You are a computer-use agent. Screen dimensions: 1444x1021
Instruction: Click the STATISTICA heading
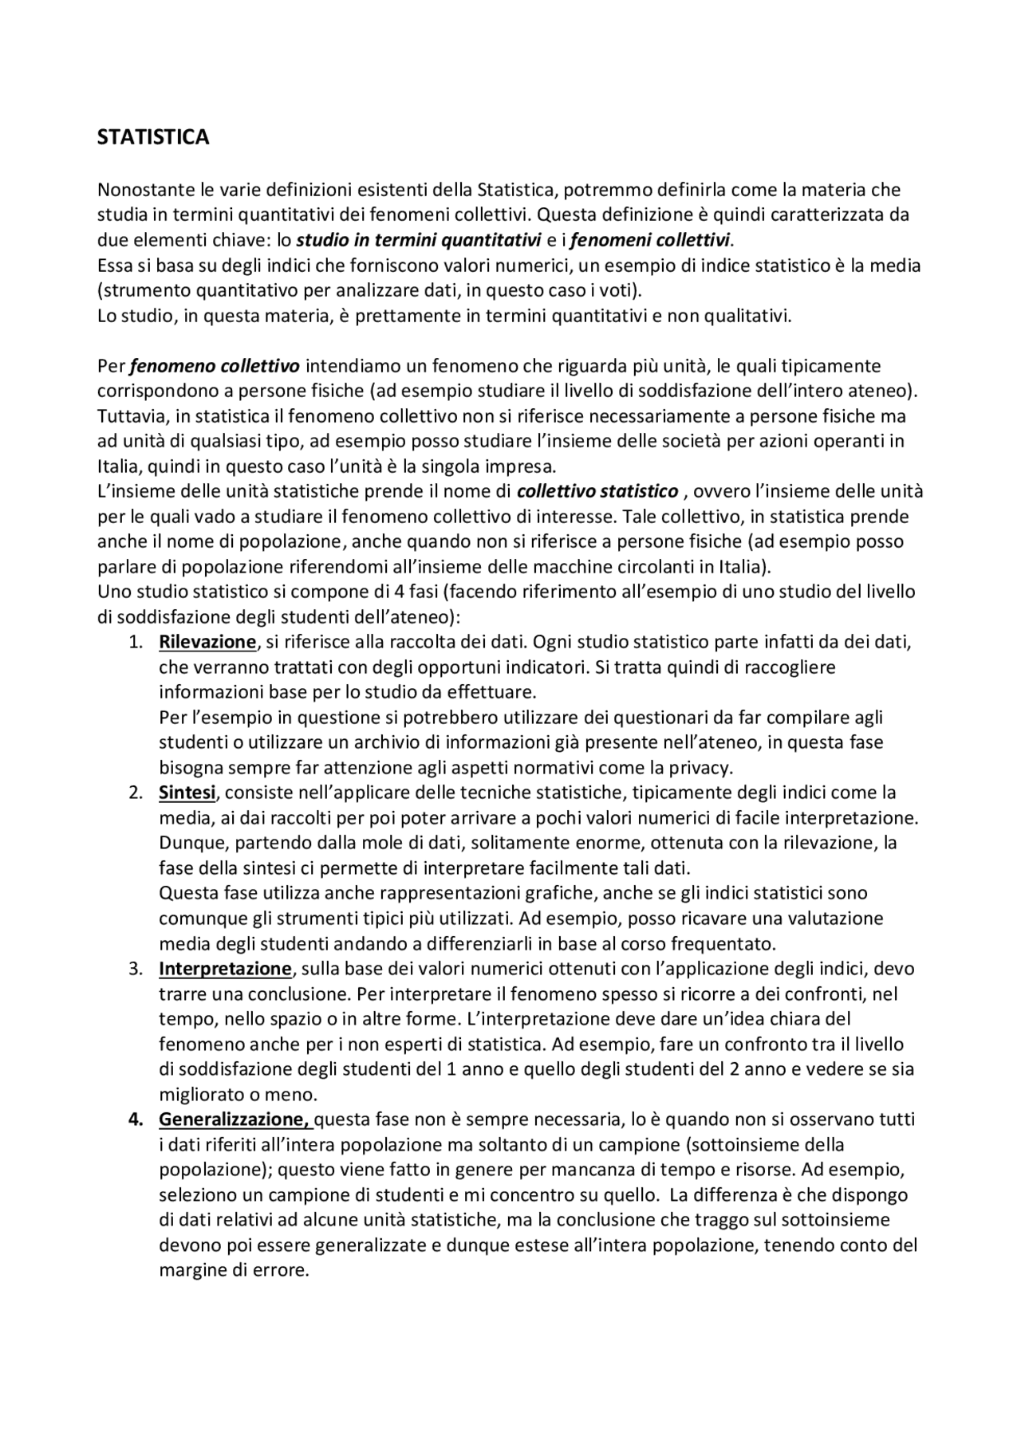coord(153,137)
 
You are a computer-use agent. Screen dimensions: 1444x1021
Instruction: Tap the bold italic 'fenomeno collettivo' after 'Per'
coord(215,366)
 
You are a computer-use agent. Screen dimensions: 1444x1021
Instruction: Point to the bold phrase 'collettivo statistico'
coord(597,491)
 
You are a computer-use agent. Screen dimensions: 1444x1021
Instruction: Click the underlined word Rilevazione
coord(207,642)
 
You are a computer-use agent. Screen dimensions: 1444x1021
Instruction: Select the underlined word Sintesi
coord(187,793)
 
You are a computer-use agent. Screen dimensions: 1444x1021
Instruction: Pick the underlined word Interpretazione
coord(226,969)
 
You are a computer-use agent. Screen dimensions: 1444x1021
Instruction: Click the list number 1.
coord(136,642)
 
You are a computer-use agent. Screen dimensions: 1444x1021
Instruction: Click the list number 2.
coord(136,793)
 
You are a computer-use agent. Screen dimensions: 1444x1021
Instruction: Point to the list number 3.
coord(136,969)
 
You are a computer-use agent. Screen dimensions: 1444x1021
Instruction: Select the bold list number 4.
coord(136,1119)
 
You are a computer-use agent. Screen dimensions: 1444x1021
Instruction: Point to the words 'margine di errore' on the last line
coord(232,1270)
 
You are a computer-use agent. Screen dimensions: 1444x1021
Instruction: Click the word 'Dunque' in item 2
coord(188,843)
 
